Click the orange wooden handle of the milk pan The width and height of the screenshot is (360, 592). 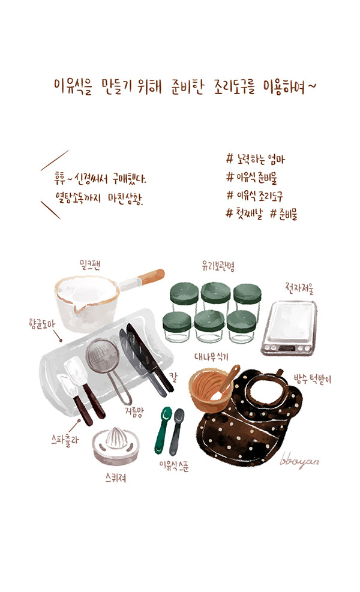(x=151, y=277)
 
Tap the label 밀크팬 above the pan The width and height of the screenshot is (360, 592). (x=89, y=265)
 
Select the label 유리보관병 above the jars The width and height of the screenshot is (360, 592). (x=218, y=266)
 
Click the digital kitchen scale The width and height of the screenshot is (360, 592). (x=289, y=328)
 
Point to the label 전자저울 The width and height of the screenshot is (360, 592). (x=299, y=288)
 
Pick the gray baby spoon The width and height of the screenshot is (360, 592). (x=176, y=431)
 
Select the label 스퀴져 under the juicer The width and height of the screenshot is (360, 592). (x=116, y=478)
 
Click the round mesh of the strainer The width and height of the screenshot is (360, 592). (x=103, y=357)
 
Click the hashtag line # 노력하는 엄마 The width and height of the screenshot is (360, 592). (x=256, y=160)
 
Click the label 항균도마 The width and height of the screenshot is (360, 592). (x=42, y=324)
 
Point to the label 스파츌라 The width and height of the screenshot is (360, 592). (x=65, y=440)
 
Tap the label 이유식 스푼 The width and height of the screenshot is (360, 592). (x=174, y=465)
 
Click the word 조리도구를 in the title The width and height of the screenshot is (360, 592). (x=234, y=88)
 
